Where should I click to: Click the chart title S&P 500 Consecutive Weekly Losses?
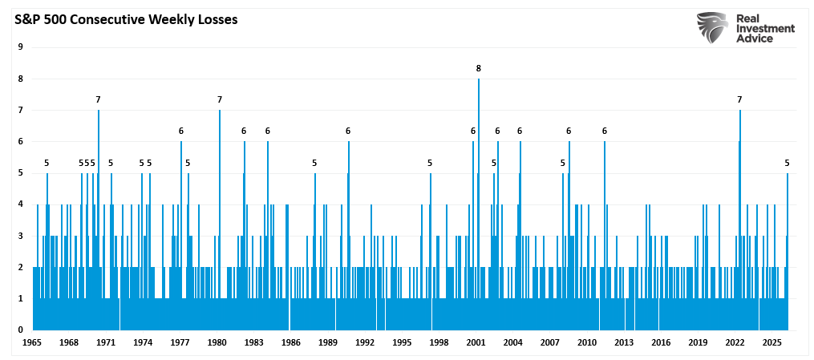pyautogui.click(x=124, y=20)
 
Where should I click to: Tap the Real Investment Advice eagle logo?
pyautogui.click(x=711, y=28)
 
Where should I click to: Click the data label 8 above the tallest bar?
pyautogui.click(x=479, y=68)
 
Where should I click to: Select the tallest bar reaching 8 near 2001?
pyautogui.click(x=479, y=200)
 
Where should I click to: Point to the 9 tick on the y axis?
pyautogui.click(x=20, y=47)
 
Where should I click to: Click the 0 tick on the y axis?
pyautogui.click(x=20, y=330)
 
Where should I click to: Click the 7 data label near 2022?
pyautogui.click(x=739, y=99)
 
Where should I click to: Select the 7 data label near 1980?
pyautogui.click(x=220, y=99)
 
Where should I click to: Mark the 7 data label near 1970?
pyautogui.click(x=98, y=99)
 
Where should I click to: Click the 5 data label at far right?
pyautogui.click(x=788, y=163)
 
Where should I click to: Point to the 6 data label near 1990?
pyautogui.click(x=348, y=131)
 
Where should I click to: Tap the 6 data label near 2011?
pyautogui.click(x=605, y=131)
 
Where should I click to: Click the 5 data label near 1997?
pyautogui.click(x=430, y=163)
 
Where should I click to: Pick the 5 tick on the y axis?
pyautogui.click(x=20, y=173)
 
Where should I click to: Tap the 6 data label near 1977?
pyautogui.click(x=181, y=131)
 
